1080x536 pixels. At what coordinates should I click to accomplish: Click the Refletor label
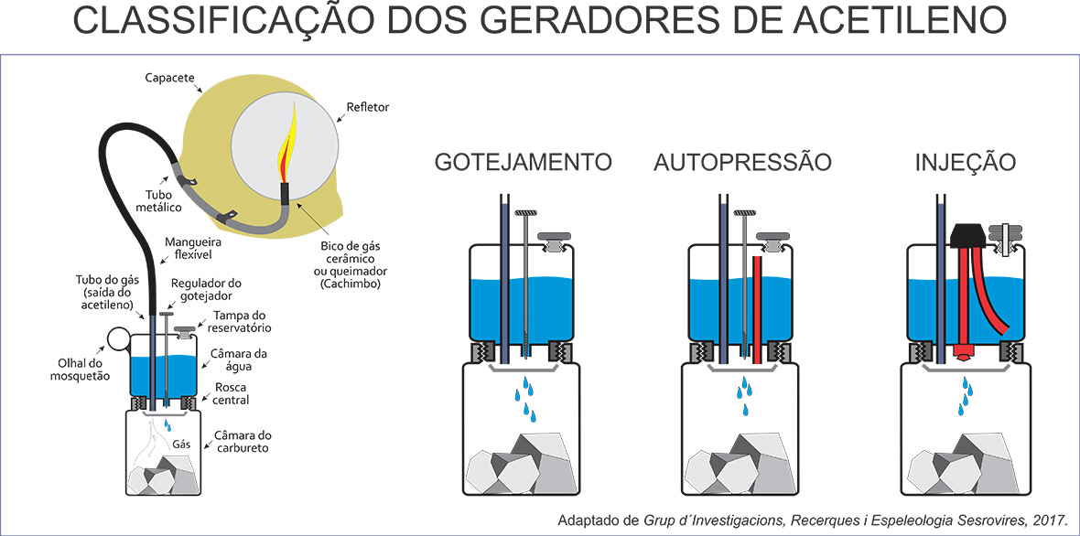[x=369, y=107]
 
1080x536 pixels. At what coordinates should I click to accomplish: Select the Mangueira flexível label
[x=188, y=249]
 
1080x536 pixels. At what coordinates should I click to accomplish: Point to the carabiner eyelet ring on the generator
[x=117, y=338]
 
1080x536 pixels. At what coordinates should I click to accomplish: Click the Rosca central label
[x=231, y=393]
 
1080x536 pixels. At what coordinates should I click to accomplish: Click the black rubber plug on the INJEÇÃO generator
[x=967, y=236]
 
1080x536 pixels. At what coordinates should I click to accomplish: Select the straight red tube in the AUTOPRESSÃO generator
[x=756, y=309]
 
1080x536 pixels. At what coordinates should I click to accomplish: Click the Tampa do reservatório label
[x=238, y=322]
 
